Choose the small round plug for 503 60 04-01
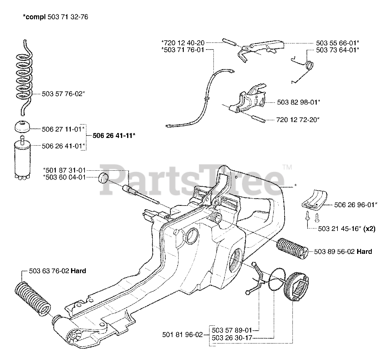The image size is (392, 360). pos(103,178)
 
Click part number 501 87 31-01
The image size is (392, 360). pos(65,170)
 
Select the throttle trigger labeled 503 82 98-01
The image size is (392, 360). pos(248,98)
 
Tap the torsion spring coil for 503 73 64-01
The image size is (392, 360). pos(309,65)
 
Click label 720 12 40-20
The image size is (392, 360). pos(183,43)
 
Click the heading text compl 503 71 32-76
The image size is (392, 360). pos(55,17)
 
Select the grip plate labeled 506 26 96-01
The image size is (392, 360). pos(314,200)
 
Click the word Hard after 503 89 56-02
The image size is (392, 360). pos(364,251)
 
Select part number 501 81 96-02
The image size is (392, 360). pos(182,335)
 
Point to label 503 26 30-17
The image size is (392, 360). pos(232,338)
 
